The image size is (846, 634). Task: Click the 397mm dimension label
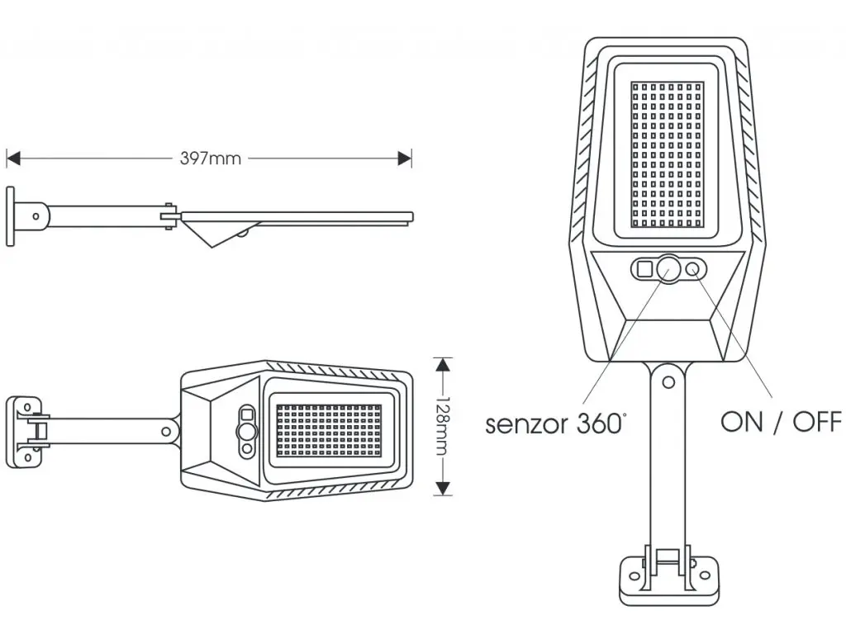(x=211, y=158)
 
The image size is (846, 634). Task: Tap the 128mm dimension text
(x=444, y=426)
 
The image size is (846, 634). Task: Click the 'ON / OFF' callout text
(x=781, y=422)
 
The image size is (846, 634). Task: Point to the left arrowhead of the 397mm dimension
(x=12, y=158)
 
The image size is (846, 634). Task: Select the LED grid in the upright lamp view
(x=668, y=156)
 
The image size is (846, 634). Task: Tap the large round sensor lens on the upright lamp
(x=668, y=267)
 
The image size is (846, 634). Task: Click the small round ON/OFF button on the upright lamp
(x=694, y=267)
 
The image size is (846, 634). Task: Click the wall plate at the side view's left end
(x=10, y=216)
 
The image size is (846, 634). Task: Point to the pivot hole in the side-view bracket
(x=36, y=216)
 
